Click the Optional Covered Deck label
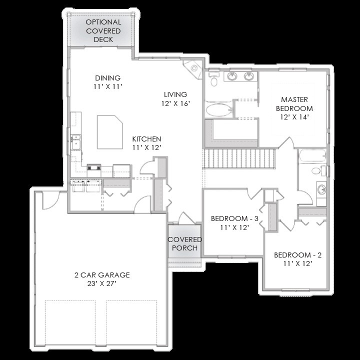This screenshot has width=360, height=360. tap(103, 31)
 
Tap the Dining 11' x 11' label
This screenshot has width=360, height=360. tap(107, 82)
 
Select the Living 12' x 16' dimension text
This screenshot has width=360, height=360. tap(175, 103)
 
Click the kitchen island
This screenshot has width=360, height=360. tap(109, 132)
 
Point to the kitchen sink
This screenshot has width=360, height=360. tap(75, 142)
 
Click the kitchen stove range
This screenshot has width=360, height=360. tap(94, 170)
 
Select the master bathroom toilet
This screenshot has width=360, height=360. tap(214, 79)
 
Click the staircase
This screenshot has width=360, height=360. tap(239, 158)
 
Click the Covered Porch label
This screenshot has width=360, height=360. tap(185, 243)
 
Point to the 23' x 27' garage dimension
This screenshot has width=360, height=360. tap(102, 284)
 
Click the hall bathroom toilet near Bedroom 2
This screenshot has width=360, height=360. tap(318, 170)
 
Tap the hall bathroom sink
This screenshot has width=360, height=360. tap(321, 189)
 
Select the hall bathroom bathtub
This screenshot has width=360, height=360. tap(312, 156)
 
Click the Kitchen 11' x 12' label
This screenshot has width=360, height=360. tap(146, 143)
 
